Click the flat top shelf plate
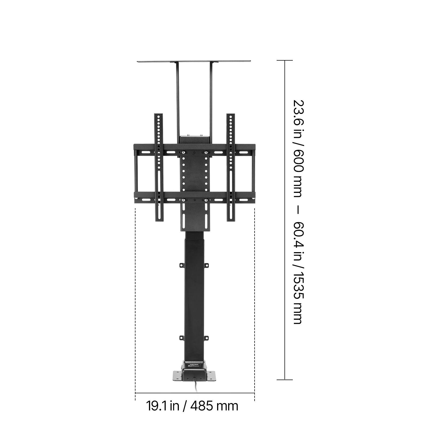[194, 62]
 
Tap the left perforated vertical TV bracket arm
[159, 167]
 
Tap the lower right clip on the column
[206, 338]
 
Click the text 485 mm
[214, 406]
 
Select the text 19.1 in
[163, 406]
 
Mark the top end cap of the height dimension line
[285, 61]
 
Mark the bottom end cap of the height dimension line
[285, 380]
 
